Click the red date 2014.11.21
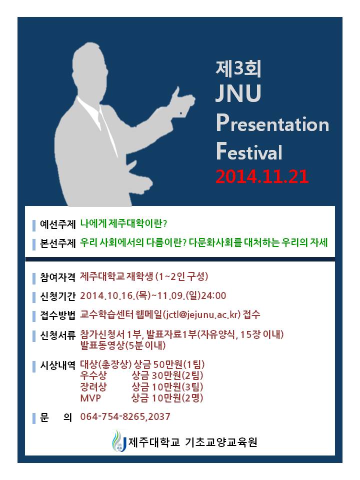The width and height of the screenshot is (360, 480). coord(262,175)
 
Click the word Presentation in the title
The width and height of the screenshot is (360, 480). coord(272,123)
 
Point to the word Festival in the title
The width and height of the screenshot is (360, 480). coord(249,150)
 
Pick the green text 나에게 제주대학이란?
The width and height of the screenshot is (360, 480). coord(130,223)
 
